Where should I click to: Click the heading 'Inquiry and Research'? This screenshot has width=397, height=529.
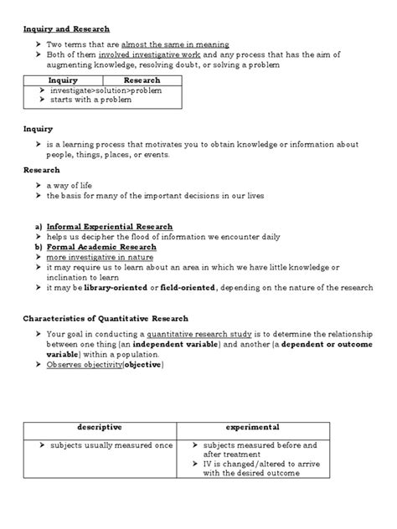coord(65,28)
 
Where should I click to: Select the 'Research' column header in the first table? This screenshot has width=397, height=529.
coord(142,80)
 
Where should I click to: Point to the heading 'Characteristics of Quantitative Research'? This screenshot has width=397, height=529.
coord(105,319)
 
